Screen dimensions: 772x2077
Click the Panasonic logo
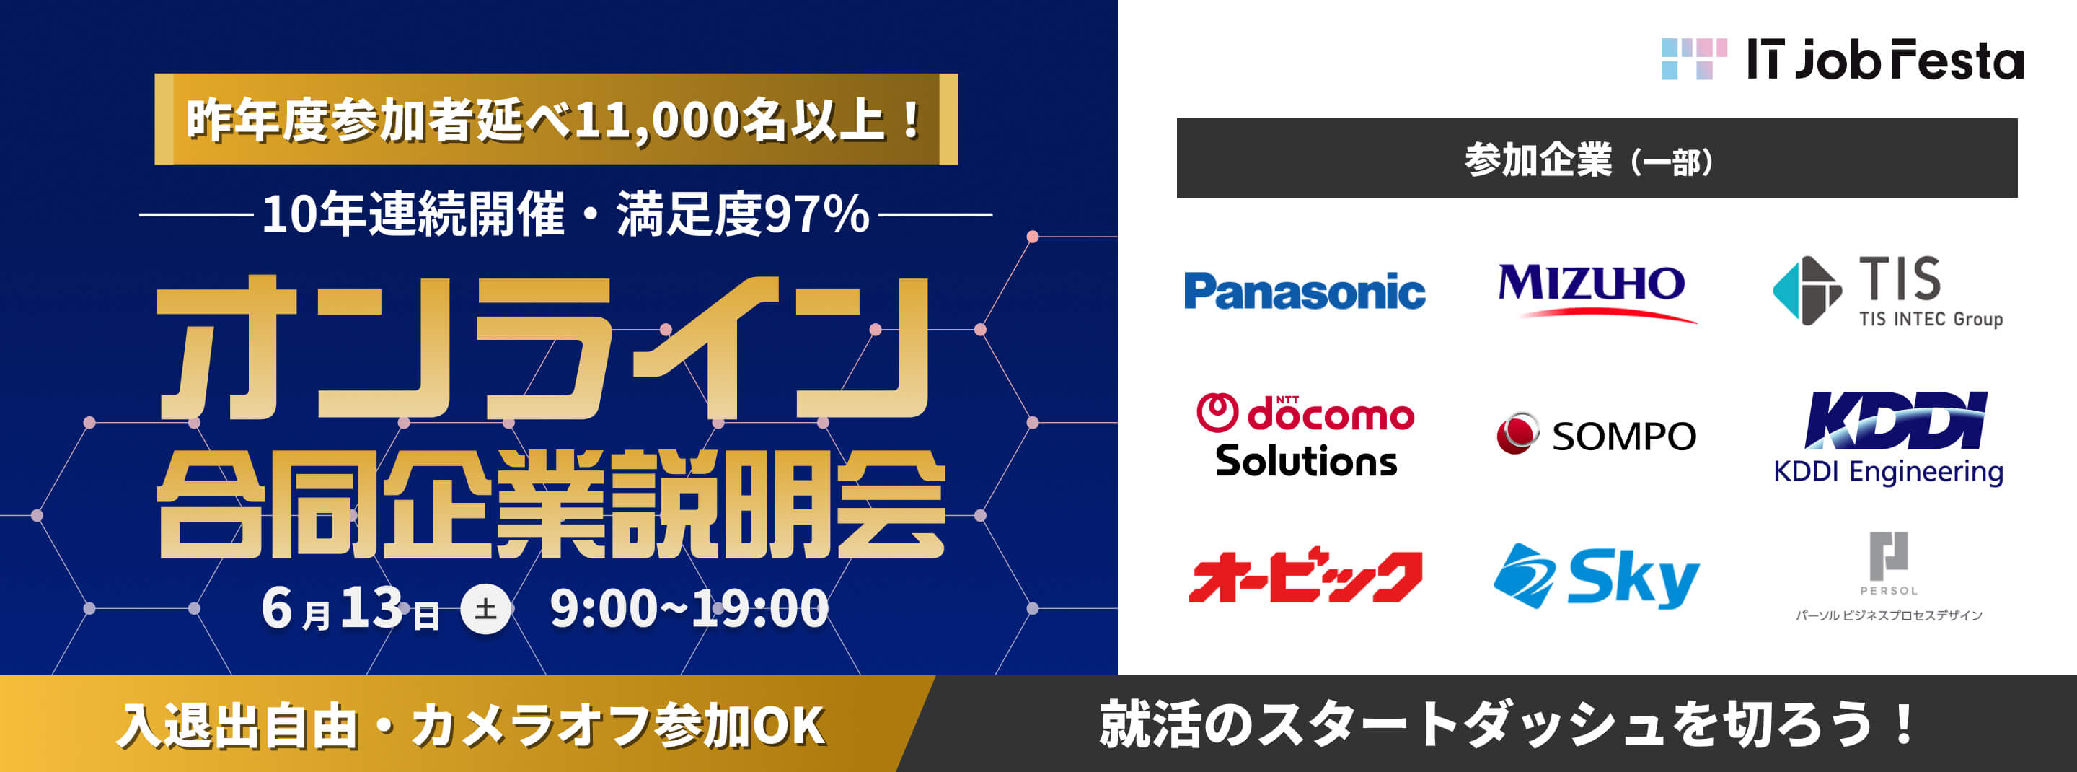(1304, 291)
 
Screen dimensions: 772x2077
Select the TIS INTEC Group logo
(1887, 291)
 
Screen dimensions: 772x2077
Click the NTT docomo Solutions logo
(1305, 435)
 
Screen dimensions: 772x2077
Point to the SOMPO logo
(1596, 435)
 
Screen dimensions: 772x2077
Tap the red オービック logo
(1305, 576)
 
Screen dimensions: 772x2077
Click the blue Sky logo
(1596, 576)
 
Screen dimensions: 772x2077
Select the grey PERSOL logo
(1888, 575)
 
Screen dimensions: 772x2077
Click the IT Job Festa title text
(1884, 61)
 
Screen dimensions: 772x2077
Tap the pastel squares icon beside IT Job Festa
(1693, 60)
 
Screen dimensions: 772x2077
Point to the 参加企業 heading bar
(1597, 158)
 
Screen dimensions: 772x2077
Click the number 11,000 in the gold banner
(657, 121)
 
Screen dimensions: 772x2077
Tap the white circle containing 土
(485, 609)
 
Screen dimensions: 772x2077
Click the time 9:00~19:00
(689, 609)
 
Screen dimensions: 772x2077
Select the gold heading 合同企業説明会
(551, 504)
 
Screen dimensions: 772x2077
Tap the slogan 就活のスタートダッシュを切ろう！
(1506, 725)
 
